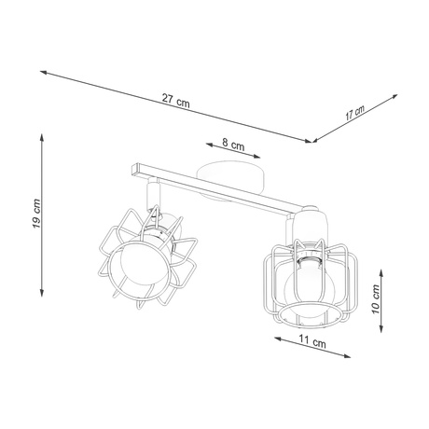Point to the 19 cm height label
click(x=35, y=214)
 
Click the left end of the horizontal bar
click(x=133, y=169)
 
